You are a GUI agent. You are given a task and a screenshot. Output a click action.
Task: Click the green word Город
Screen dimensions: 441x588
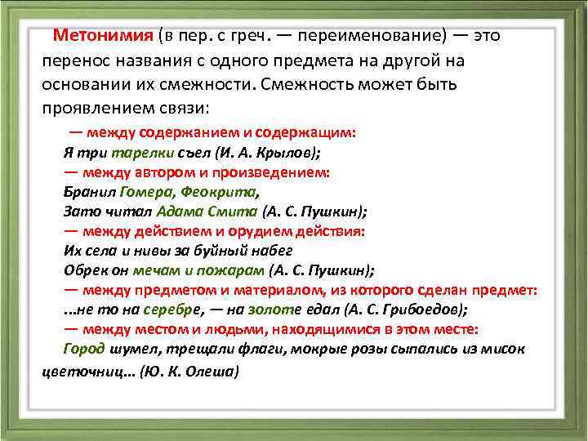point(84,349)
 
